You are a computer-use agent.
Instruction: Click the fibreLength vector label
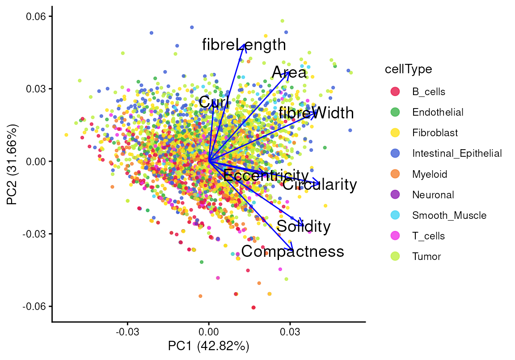[244, 45]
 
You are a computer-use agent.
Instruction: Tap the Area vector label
[289, 72]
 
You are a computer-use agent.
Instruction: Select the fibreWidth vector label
[316, 113]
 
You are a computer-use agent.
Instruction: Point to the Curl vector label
[214, 102]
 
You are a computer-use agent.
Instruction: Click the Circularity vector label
[320, 184]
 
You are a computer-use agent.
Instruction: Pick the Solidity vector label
[304, 226]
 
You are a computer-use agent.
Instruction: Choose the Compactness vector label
[293, 251]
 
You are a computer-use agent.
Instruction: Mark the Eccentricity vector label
[266, 176]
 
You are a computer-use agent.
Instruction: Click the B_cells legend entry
[428, 92]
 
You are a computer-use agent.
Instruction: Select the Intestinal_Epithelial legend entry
[457, 154]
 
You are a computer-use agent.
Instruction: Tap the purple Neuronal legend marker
[395, 195]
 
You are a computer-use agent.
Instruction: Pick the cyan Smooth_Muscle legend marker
[395, 215]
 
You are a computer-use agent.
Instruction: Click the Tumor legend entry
[426, 257]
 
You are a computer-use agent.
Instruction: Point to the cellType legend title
[408, 69]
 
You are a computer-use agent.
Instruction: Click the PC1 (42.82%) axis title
[208, 346]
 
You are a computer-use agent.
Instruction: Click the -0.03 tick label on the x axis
[127, 332]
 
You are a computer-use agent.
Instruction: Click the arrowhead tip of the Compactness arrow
[293, 250]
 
